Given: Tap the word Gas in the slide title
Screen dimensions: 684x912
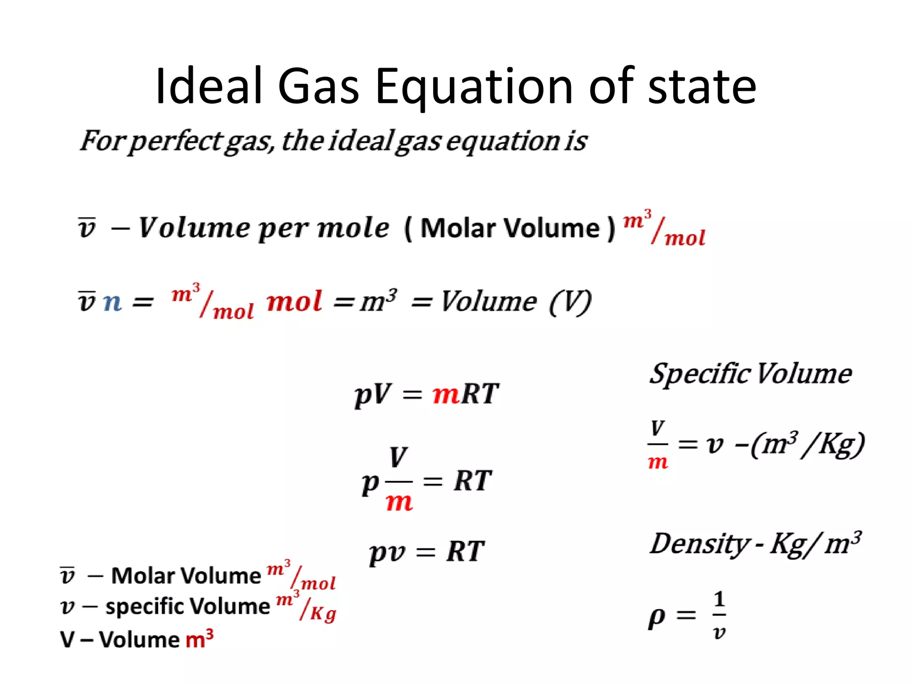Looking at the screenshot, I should pyautogui.click(x=318, y=87).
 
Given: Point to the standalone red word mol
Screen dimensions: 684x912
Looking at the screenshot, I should pyautogui.click(x=294, y=302).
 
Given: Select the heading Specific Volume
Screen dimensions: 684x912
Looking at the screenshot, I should pyautogui.click(x=750, y=374).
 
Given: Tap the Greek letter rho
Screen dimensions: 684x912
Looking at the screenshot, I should pyautogui.click(x=657, y=617).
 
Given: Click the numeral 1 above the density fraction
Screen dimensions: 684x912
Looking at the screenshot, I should pyautogui.click(x=719, y=599).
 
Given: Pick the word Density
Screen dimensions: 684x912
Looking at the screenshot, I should pyautogui.click(x=699, y=544).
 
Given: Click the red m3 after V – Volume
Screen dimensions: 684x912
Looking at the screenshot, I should pyautogui.click(x=199, y=639).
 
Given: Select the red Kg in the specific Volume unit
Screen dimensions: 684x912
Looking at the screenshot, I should pyautogui.click(x=323, y=614).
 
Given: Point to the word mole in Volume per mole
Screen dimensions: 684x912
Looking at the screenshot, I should pyautogui.click(x=353, y=228).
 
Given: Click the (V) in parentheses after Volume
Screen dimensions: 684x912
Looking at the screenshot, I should pyautogui.click(x=570, y=302).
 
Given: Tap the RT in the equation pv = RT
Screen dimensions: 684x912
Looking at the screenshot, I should pyautogui.click(x=465, y=552).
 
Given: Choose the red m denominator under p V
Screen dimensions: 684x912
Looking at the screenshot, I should pyautogui.click(x=399, y=502).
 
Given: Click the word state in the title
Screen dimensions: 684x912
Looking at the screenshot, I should pyautogui.click(x=702, y=87).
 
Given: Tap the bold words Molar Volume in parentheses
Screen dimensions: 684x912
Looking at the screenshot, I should pyautogui.click(x=510, y=228).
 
